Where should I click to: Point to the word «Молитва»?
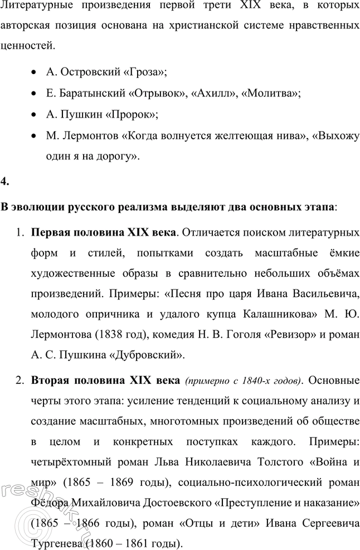[x=272, y=94]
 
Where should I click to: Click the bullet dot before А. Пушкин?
[x=35, y=115]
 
